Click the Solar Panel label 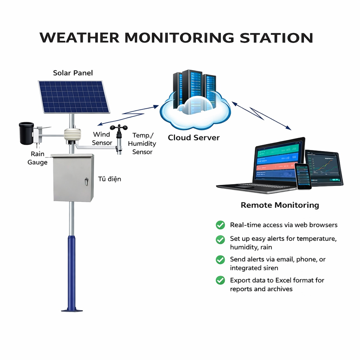73,73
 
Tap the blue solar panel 73,97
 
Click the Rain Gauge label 37,158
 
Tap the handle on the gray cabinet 86,181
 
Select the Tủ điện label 109,179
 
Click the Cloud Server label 193,138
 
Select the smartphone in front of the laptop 303,176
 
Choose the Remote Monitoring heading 280,205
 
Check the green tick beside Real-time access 220,225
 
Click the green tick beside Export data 220,280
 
